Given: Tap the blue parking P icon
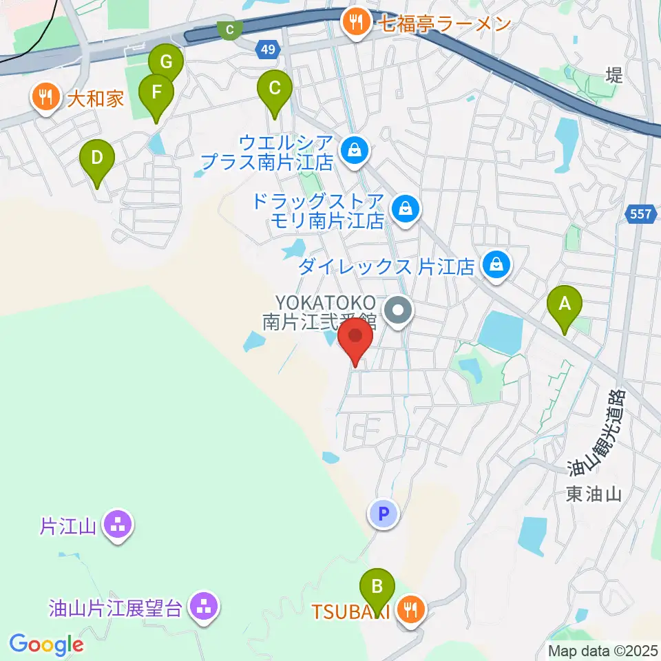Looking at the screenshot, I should (384, 513).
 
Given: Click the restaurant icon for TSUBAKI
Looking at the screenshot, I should (411, 609).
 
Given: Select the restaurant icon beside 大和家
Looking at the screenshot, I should (45, 98).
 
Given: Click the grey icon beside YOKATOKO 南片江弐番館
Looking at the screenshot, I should (398, 312).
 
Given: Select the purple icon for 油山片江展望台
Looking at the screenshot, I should (203, 607).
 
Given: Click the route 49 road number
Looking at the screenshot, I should (269, 49).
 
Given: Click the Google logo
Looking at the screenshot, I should (46, 645).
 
